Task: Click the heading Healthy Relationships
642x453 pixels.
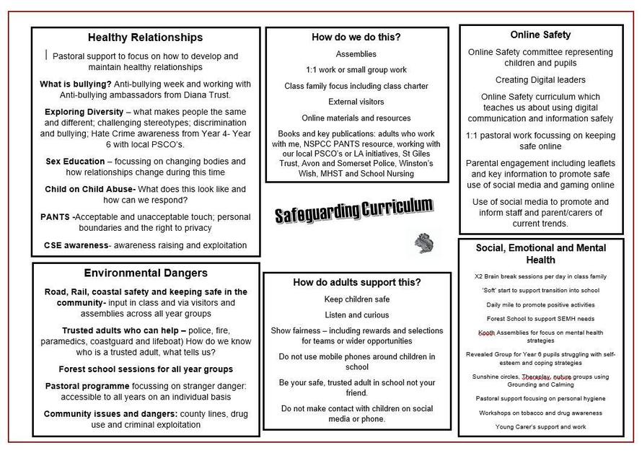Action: tap(145, 38)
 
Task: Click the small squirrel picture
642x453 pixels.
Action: tap(424, 243)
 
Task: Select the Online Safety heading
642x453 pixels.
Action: tap(540, 35)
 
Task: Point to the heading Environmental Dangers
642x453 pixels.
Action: tap(145, 273)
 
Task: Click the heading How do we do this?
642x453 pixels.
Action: tap(356, 37)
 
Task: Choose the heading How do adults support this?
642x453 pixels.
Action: tap(356, 282)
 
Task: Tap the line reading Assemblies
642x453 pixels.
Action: tap(356, 54)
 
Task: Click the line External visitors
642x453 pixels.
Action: tap(356, 102)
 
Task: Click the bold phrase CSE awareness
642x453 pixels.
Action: tap(76, 245)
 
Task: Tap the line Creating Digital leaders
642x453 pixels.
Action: tap(540, 79)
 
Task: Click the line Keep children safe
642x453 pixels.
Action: tap(356, 299)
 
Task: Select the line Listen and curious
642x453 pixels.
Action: tap(356, 315)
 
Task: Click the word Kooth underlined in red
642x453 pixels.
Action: tap(486, 333)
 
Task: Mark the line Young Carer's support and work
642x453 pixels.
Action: tap(540, 426)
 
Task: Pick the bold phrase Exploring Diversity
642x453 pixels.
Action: tap(84, 112)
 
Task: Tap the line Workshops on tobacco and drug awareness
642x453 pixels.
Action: tap(540, 413)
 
